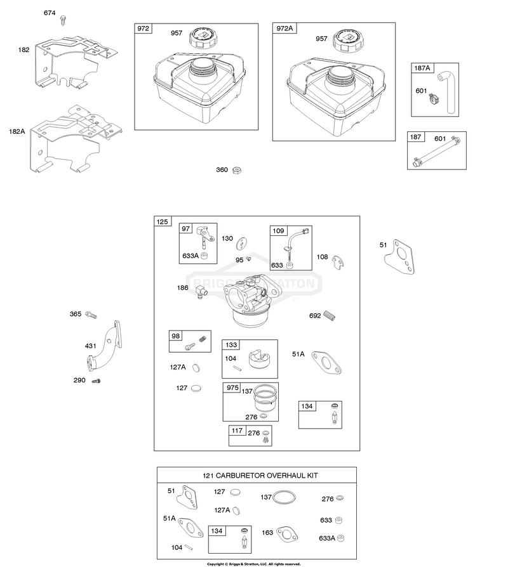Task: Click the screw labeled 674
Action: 63,20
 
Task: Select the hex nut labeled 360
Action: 236,170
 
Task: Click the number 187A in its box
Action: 422,68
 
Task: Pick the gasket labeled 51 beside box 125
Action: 399,256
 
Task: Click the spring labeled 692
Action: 329,315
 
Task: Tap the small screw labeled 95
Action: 248,259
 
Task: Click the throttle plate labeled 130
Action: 241,244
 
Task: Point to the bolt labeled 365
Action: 91,315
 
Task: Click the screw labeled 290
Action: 96,381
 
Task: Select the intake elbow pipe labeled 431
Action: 105,346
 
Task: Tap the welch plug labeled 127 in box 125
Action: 196,388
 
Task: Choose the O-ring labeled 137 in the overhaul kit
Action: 284,497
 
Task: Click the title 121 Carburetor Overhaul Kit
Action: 260,476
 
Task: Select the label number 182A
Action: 17,132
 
